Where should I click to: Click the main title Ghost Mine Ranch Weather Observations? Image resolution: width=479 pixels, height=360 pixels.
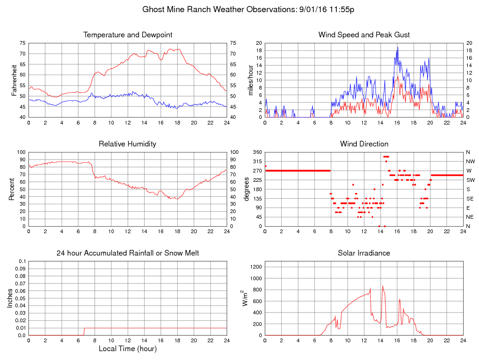coord(248,9)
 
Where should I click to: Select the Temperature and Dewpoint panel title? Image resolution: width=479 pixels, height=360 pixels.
coord(128,35)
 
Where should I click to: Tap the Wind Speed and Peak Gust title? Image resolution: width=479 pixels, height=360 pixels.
coord(364,35)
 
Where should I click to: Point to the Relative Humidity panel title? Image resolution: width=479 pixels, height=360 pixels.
coord(128,144)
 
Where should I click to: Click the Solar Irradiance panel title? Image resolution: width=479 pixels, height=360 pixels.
coord(364,253)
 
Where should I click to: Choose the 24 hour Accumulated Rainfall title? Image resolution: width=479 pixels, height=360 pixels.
coord(128,253)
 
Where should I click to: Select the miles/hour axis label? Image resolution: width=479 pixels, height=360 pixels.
coord(250,80)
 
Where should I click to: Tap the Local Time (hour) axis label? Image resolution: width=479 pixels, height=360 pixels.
coord(128,349)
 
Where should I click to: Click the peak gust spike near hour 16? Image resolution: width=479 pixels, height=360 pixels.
coord(397,47)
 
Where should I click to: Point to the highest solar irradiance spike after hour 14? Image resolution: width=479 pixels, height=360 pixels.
coord(382,286)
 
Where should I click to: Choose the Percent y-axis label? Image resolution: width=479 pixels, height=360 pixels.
coord(11,189)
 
